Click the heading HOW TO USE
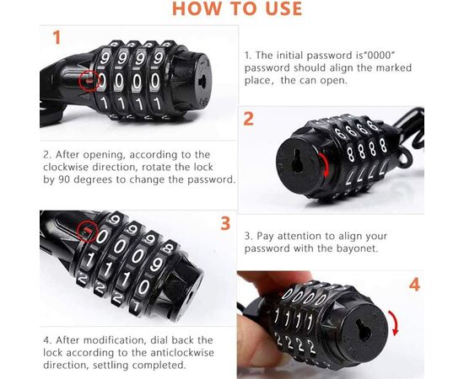tap(237, 8)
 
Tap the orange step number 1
tap(57, 38)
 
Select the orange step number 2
tap(249, 119)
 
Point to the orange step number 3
tap(225, 223)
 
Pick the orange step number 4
tap(414, 285)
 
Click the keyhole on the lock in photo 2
tap(297, 161)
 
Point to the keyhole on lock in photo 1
tap(202, 81)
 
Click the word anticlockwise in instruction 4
tap(181, 352)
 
